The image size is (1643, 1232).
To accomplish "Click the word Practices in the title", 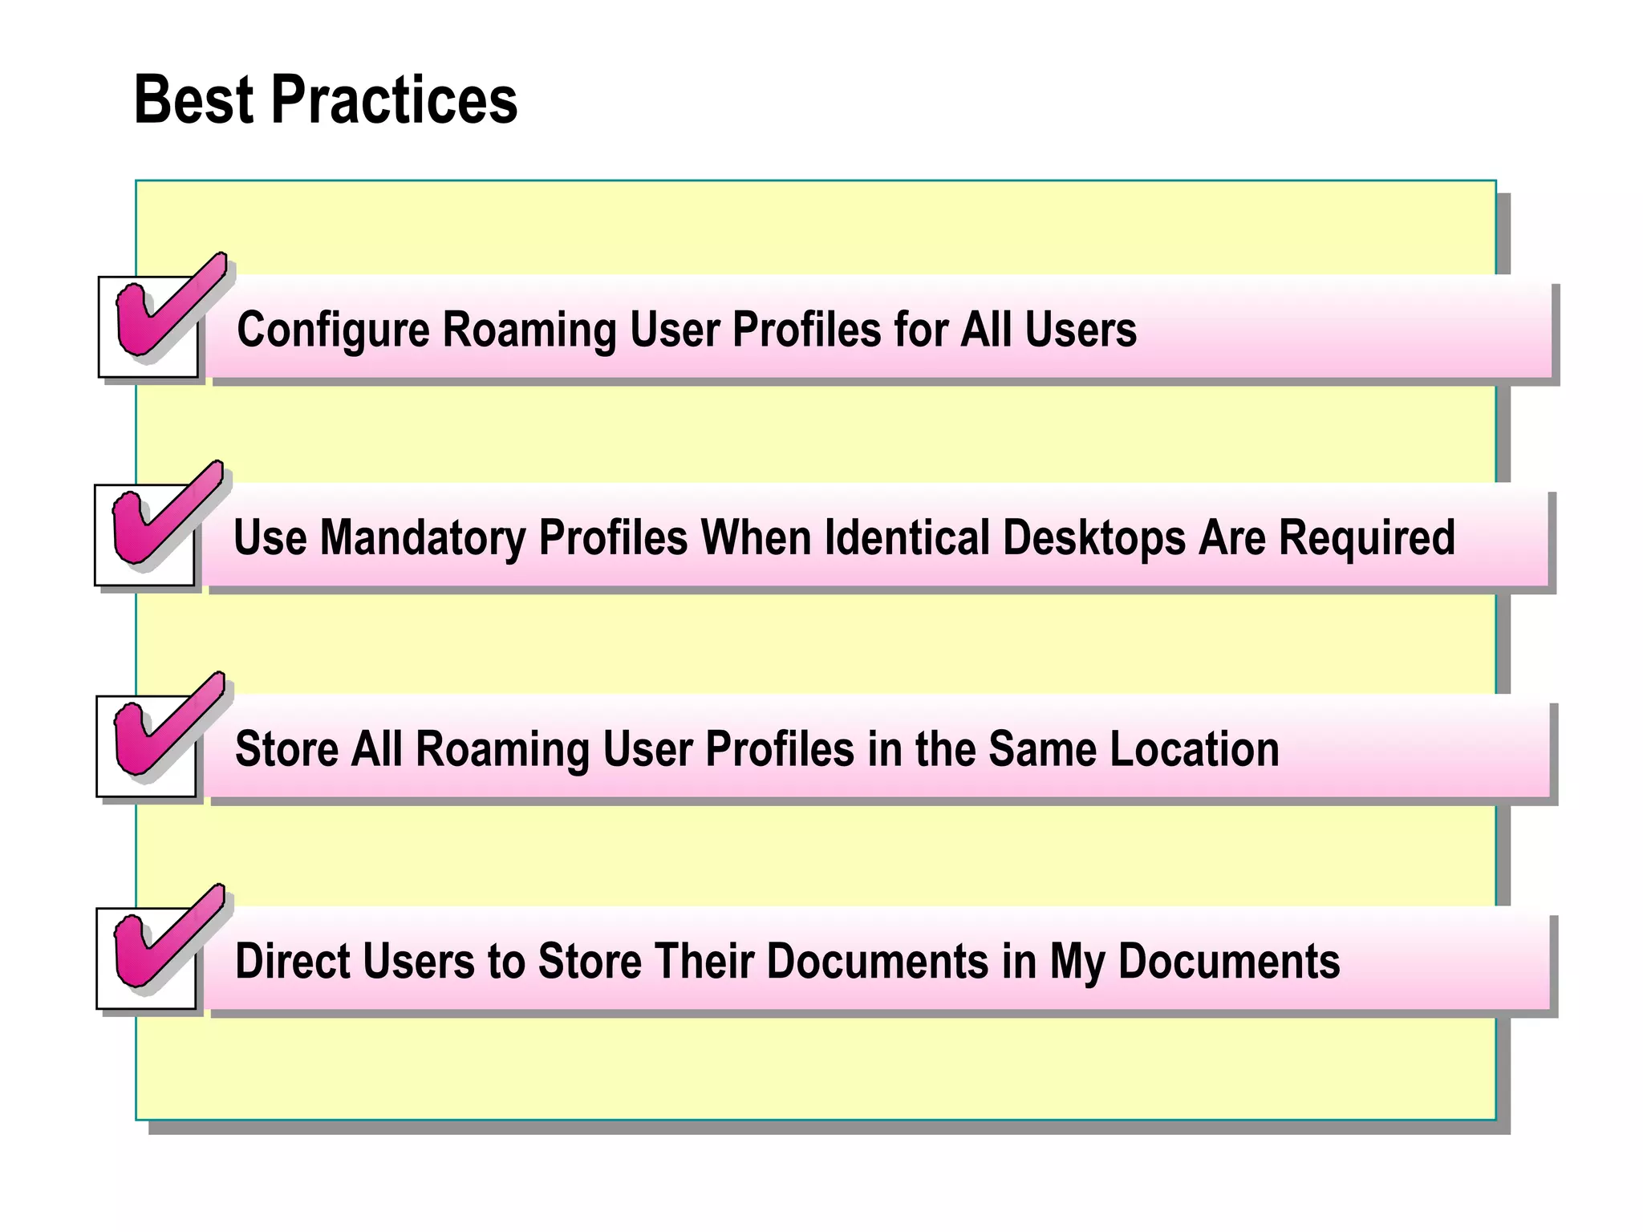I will (x=394, y=100).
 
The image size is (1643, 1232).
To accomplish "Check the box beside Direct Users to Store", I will (x=146, y=958).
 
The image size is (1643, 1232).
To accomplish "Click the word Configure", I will (x=332, y=330).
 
